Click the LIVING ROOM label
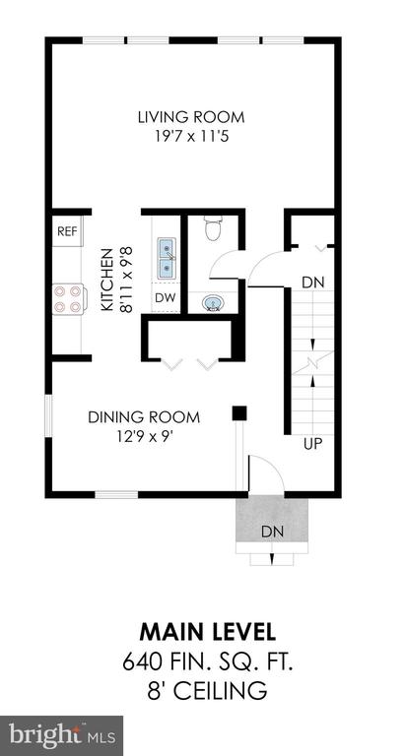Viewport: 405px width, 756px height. [x=191, y=117]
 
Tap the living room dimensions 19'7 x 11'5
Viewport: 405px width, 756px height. [x=191, y=137]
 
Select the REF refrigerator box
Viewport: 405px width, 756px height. [x=67, y=231]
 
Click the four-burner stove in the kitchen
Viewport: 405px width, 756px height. [x=69, y=299]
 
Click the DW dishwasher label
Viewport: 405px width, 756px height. [x=166, y=297]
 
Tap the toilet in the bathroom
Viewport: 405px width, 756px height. [x=213, y=227]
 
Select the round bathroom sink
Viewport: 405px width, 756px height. [x=213, y=303]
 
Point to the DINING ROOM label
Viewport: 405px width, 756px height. [x=144, y=417]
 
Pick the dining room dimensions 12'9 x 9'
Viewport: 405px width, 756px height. [x=144, y=437]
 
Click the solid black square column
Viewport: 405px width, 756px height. [x=239, y=413]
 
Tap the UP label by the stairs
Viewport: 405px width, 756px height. [x=312, y=444]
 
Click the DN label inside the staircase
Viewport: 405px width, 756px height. [x=312, y=283]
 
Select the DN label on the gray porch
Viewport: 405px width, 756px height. [x=272, y=532]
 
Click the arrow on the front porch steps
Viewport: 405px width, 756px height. [x=272, y=559]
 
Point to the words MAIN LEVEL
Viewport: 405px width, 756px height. [x=208, y=632]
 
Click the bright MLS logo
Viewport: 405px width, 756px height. [x=61, y=735]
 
